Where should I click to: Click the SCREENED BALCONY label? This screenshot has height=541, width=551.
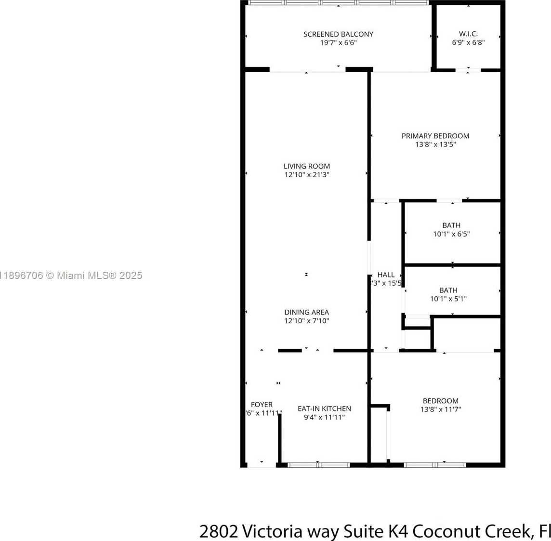[x=338, y=34]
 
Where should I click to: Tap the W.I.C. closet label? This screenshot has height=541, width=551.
[x=468, y=34]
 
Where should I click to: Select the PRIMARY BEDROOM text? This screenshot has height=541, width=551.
[x=435, y=136]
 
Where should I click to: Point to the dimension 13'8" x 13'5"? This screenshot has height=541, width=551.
[x=435, y=145]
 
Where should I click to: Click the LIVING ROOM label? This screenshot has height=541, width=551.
[x=307, y=166]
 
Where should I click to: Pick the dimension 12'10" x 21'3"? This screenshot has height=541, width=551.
[x=307, y=175]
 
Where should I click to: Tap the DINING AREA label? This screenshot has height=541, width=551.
[x=307, y=312]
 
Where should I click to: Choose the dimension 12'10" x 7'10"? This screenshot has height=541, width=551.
[x=307, y=321]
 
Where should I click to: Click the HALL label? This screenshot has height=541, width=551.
[x=386, y=275]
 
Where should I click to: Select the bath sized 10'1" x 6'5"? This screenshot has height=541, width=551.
[x=451, y=230]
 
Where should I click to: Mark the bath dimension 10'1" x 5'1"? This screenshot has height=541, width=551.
[x=448, y=299]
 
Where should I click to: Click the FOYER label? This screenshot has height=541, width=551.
[x=262, y=405]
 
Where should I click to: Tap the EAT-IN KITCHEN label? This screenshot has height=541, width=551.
[x=324, y=409]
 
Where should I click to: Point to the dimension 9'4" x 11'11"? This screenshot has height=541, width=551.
[x=324, y=417]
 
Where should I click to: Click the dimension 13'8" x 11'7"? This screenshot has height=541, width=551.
[x=440, y=409]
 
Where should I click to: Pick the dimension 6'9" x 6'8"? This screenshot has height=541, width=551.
[x=468, y=42]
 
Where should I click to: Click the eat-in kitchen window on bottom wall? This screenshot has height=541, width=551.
[x=319, y=465]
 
